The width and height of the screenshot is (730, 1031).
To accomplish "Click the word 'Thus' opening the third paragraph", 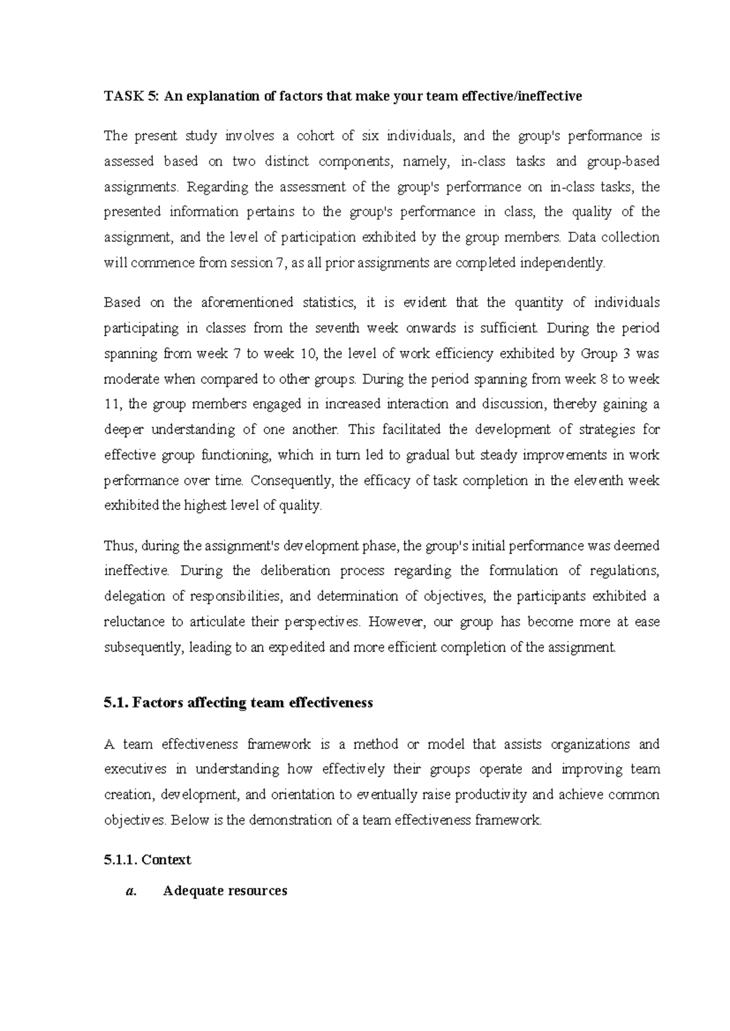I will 118,546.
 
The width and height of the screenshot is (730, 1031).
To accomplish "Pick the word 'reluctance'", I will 134,622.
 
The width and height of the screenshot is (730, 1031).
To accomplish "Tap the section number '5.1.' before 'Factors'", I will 115,703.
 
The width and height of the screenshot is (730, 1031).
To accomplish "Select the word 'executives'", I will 135,770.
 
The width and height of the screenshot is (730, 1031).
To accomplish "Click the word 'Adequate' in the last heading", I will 193,892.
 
